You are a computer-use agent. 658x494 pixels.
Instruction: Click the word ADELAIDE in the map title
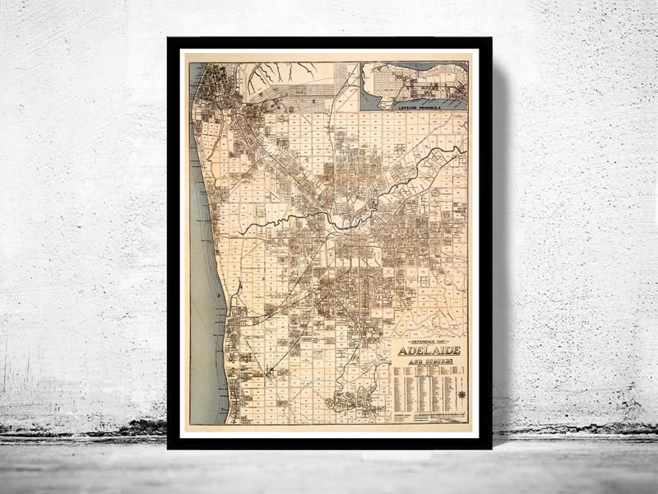pyautogui.click(x=429, y=351)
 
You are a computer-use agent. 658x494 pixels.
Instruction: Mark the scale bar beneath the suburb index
pyautogui.click(x=428, y=418)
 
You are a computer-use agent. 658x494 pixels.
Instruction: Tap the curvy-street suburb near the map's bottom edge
pyautogui.click(x=350, y=403)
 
